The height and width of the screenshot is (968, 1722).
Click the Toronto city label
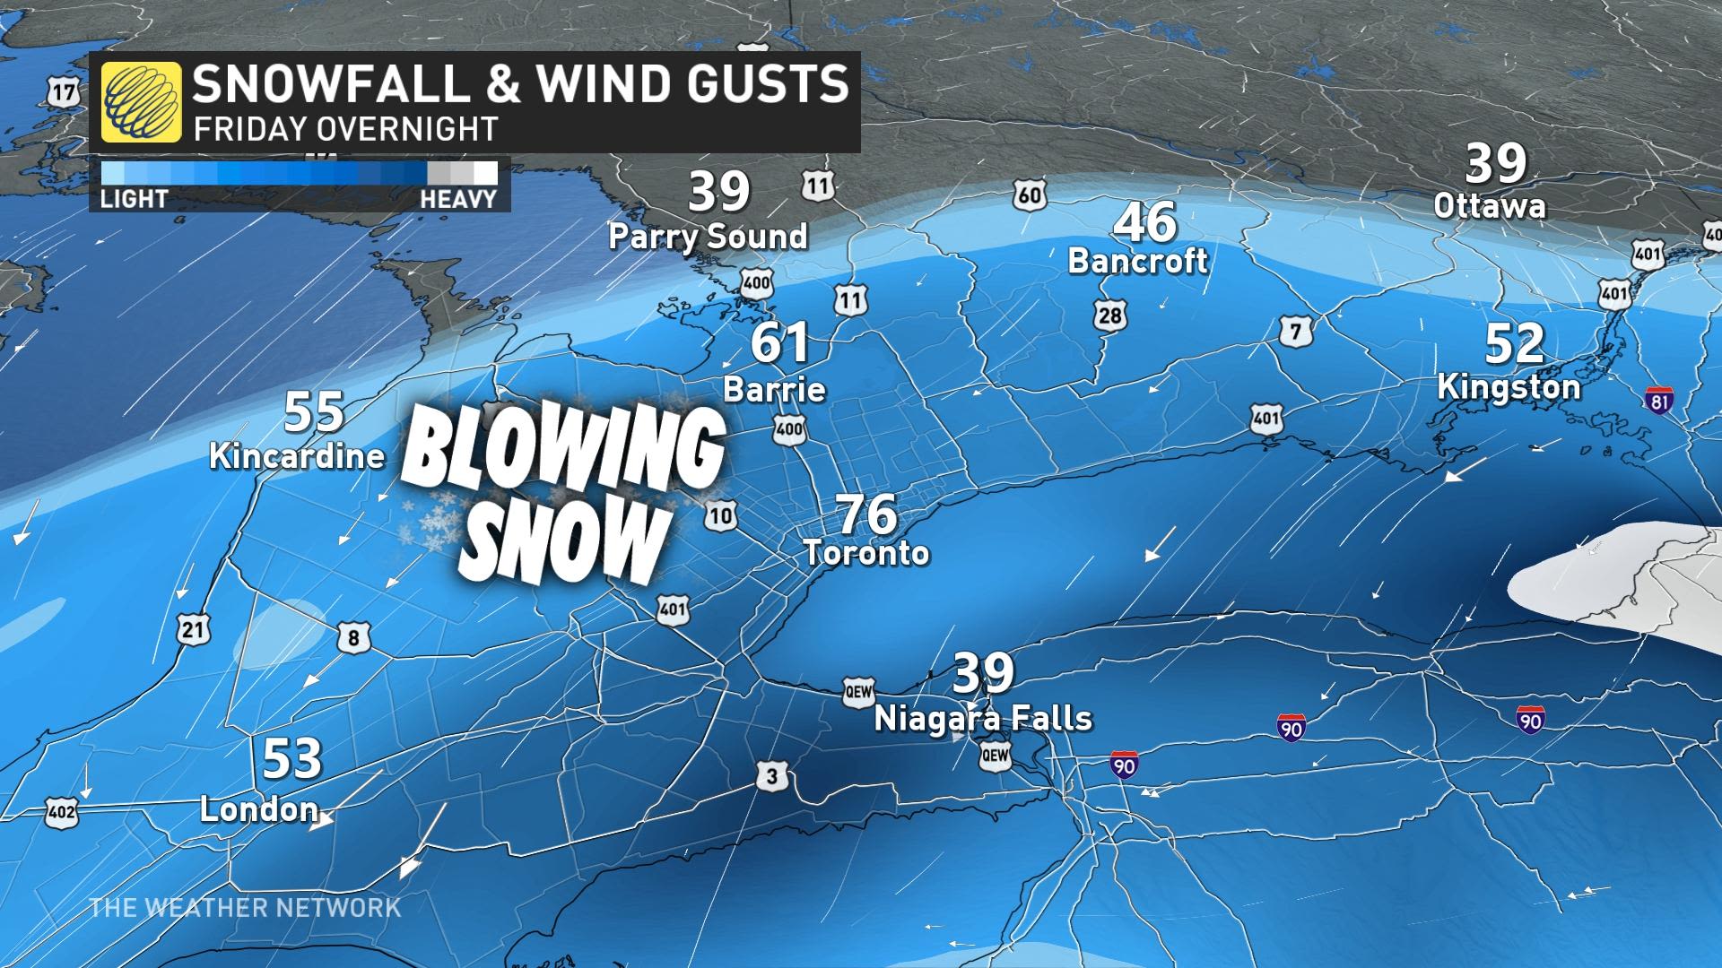pyautogui.click(x=866, y=552)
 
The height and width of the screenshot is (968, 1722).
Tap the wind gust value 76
pyautogui.click(x=866, y=514)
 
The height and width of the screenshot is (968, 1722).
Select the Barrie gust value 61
pyautogui.click(x=778, y=344)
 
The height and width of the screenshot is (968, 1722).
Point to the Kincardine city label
pyautogui.click(x=297, y=455)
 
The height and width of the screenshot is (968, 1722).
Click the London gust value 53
pyautogui.click(x=291, y=760)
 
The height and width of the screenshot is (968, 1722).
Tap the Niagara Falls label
pyautogui.click(x=983, y=718)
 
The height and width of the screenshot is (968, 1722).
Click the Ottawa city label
pyautogui.click(x=1490, y=206)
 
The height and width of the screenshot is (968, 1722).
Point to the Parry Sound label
pyautogui.click(x=708, y=237)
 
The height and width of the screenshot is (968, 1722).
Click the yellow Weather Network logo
pyautogui.click(x=141, y=102)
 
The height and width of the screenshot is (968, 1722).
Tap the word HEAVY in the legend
pyautogui.click(x=458, y=199)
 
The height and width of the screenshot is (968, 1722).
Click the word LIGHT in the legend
pyautogui.click(x=134, y=199)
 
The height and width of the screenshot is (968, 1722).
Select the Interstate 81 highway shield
pyautogui.click(x=1659, y=401)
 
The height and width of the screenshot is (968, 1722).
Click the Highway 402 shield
pyautogui.click(x=61, y=815)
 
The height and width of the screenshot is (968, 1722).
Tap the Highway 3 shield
pyautogui.click(x=772, y=777)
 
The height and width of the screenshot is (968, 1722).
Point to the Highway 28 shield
pyautogui.click(x=1109, y=314)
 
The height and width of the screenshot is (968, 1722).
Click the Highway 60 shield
pyautogui.click(x=1031, y=194)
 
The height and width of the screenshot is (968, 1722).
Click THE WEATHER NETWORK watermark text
pyautogui.click(x=245, y=907)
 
